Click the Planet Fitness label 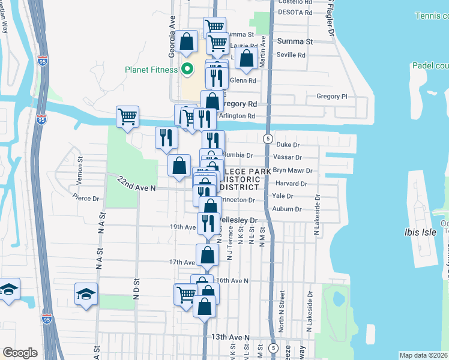[151, 70]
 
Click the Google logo [20, 353]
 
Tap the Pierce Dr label [84, 198]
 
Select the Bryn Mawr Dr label [290, 170]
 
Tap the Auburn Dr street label [286, 209]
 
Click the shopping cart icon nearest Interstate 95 [128, 116]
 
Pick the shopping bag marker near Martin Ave [246, 58]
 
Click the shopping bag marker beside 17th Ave [207, 254]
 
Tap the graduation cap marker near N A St [86, 295]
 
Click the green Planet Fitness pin [187, 69]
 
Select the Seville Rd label [291, 55]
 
